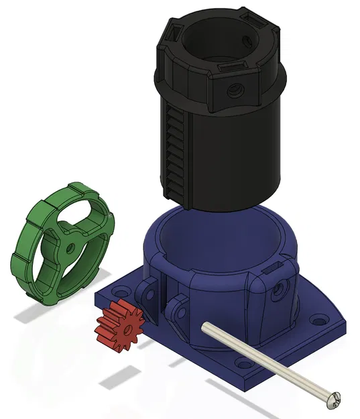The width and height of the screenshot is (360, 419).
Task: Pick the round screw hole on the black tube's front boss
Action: pos(233,88)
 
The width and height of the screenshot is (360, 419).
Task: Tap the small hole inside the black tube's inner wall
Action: pos(252,39)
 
